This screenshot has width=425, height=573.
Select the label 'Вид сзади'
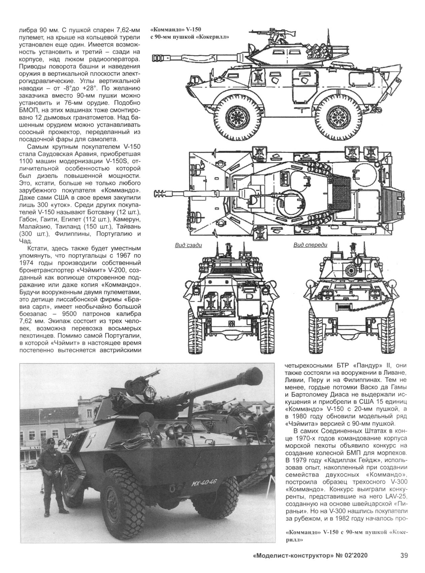click(188, 245)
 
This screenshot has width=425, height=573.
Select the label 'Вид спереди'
click(310, 245)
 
